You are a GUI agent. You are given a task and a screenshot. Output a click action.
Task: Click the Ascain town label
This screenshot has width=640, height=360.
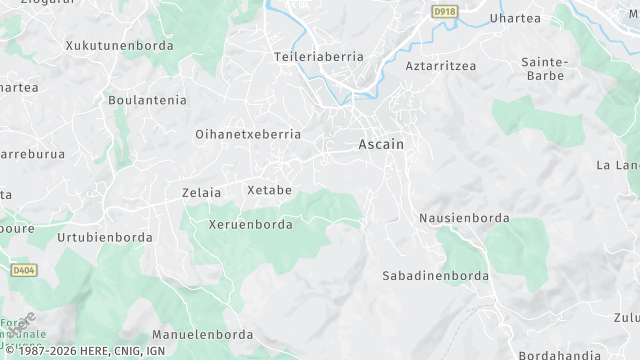pos(381,144)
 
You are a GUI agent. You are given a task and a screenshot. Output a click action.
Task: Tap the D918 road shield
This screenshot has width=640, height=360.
pos(444,11)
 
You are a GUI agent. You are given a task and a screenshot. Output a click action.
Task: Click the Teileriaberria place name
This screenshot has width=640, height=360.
pos(319,57)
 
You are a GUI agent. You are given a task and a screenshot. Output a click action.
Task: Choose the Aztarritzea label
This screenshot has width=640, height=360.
pos(441,66)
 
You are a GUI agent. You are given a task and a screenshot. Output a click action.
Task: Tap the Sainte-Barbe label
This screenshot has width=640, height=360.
pos(544,68)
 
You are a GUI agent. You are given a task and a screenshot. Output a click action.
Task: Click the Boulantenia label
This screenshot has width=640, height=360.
pos(147,99)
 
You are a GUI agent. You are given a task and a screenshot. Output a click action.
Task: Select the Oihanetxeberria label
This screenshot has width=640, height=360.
pos(248,133)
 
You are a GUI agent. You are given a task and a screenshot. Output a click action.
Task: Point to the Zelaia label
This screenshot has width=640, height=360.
pos(202,191)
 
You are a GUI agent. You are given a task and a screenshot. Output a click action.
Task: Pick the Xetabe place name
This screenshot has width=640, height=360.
pos(269,190)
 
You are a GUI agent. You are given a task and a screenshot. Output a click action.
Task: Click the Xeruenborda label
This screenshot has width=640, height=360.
pos(251,224)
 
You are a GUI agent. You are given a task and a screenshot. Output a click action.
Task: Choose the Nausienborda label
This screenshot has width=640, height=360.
pos(464,217)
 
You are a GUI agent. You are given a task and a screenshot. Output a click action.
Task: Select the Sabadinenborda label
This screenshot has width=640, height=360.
pos(436,275)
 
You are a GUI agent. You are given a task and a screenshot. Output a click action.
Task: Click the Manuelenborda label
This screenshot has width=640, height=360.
pos(200,334)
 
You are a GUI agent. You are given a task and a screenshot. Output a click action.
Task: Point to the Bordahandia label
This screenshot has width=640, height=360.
pos(560,355)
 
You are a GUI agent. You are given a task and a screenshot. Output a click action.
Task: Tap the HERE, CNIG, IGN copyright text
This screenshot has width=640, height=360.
pos(89,351)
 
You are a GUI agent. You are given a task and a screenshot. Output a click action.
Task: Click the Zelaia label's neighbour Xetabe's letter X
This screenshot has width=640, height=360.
pos(251,190)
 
